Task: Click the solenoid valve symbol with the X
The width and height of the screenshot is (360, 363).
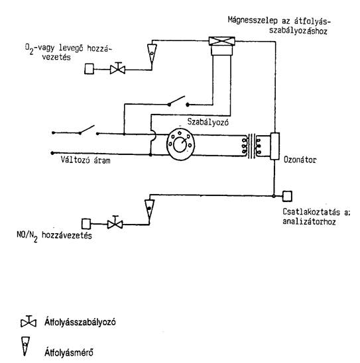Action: [x=221, y=41]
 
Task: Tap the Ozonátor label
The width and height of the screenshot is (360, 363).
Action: [x=300, y=160]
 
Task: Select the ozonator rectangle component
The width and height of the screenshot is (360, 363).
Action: [x=274, y=146]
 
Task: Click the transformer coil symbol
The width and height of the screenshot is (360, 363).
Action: [x=251, y=146]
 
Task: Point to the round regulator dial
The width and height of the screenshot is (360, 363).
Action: [x=180, y=144]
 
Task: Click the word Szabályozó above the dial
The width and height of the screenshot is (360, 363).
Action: [x=208, y=122]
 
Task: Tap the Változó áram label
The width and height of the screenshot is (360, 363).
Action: [x=86, y=160]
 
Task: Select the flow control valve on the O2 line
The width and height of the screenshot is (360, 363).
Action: [x=118, y=68]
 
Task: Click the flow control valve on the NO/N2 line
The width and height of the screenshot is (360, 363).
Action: [x=115, y=223]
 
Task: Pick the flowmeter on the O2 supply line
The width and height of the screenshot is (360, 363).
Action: [x=152, y=53]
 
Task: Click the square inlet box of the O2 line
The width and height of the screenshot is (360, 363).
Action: [x=90, y=69]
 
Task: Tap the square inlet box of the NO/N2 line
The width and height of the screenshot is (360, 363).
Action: [x=86, y=224]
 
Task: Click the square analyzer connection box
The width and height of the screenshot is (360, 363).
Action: [x=287, y=196]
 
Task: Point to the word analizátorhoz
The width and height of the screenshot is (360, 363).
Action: [x=309, y=221]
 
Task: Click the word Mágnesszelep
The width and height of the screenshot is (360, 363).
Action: [x=253, y=20]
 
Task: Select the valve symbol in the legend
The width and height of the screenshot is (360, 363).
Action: [x=29, y=321]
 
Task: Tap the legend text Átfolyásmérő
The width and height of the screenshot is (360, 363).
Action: [x=69, y=352]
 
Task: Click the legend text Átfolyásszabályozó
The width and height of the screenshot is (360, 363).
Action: [x=80, y=322]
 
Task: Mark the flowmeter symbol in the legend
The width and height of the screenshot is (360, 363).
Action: [x=25, y=346]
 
